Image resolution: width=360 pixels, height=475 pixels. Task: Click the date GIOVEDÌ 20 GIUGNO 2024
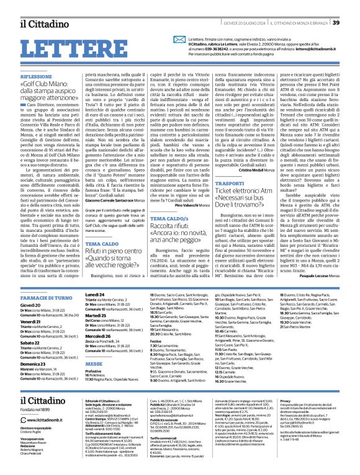point(230,24)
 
